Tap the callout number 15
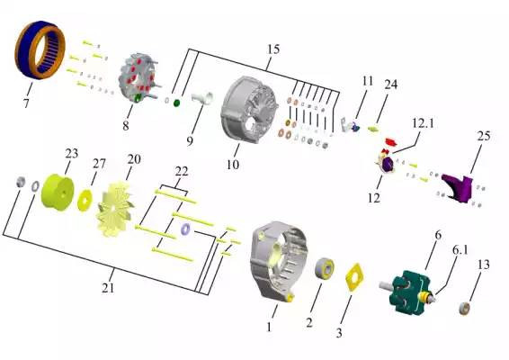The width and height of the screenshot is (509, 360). click(273, 49)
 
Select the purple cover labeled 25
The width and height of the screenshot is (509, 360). click(457, 188)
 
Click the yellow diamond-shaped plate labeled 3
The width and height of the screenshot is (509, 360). click(353, 277)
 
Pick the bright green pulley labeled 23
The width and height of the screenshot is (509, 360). click(58, 192)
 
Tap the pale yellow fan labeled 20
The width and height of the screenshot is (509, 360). click(115, 210)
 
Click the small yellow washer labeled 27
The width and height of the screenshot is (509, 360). click(85, 200)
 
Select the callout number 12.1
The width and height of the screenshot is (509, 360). click(423, 124)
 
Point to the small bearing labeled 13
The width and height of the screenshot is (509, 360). click(465, 308)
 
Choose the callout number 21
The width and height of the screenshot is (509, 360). click(108, 288)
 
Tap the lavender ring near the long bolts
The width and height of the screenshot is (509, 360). click(185, 229)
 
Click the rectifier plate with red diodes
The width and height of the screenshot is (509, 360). click(137, 78)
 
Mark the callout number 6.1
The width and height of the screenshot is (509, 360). click(460, 250)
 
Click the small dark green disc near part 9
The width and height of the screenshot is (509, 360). click(177, 103)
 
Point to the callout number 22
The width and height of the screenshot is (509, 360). click(182, 172)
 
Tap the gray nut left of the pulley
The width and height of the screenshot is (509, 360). click(21, 182)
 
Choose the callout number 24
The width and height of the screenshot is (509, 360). click(391, 85)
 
